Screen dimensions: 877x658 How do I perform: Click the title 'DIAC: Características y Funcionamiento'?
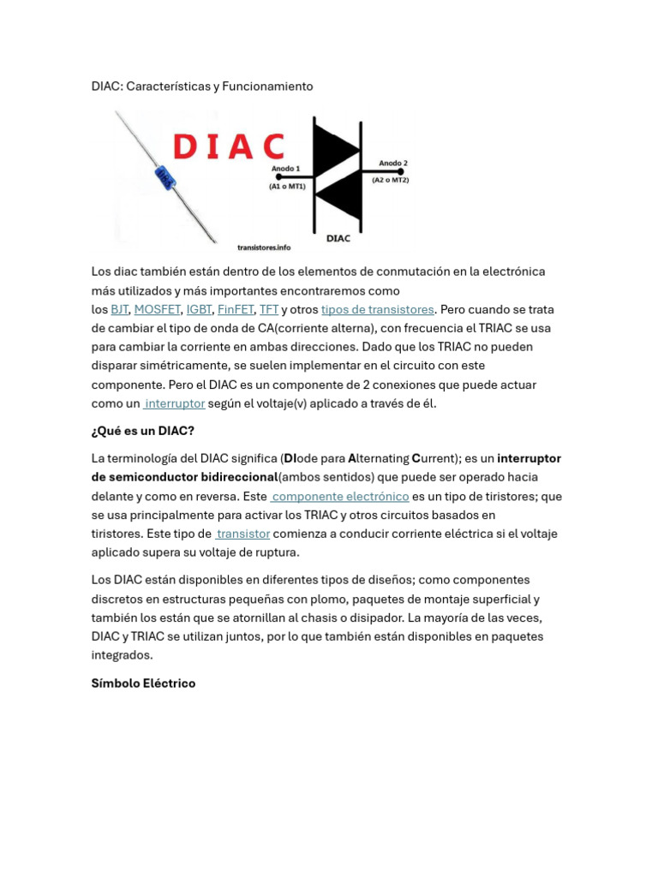(x=202, y=87)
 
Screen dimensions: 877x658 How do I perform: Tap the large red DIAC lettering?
(x=228, y=147)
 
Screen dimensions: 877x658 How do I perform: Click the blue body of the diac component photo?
(x=165, y=178)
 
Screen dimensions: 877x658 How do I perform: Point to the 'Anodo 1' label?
(x=285, y=169)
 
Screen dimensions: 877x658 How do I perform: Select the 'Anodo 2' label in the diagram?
(x=393, y=163)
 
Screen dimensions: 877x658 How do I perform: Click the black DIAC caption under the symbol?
(x=338, y=238)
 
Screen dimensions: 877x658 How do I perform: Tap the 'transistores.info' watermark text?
(x=264, y=248)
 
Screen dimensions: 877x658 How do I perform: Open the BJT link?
(x=120, y=309)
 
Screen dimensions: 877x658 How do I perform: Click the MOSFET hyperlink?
(x=157, y=309)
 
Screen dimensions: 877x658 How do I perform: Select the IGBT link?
(x=199, y=309)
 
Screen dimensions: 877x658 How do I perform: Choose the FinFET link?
(x=236, y=309)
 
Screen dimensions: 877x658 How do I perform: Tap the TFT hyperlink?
(x=269, y=309)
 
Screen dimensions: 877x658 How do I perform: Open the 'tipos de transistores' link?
(x=377, y=309)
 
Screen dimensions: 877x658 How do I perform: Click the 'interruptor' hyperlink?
(x=175, y=403)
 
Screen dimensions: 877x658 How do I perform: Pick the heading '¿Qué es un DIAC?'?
(x=143, y=431)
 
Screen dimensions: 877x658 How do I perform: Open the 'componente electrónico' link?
(x=340, y=496)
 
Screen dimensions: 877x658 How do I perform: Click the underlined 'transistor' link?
(x=243, y=534)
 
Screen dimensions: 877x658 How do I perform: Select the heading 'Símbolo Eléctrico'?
(x=143, y=683)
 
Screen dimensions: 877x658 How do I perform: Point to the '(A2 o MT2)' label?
(x=390, y=180)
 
